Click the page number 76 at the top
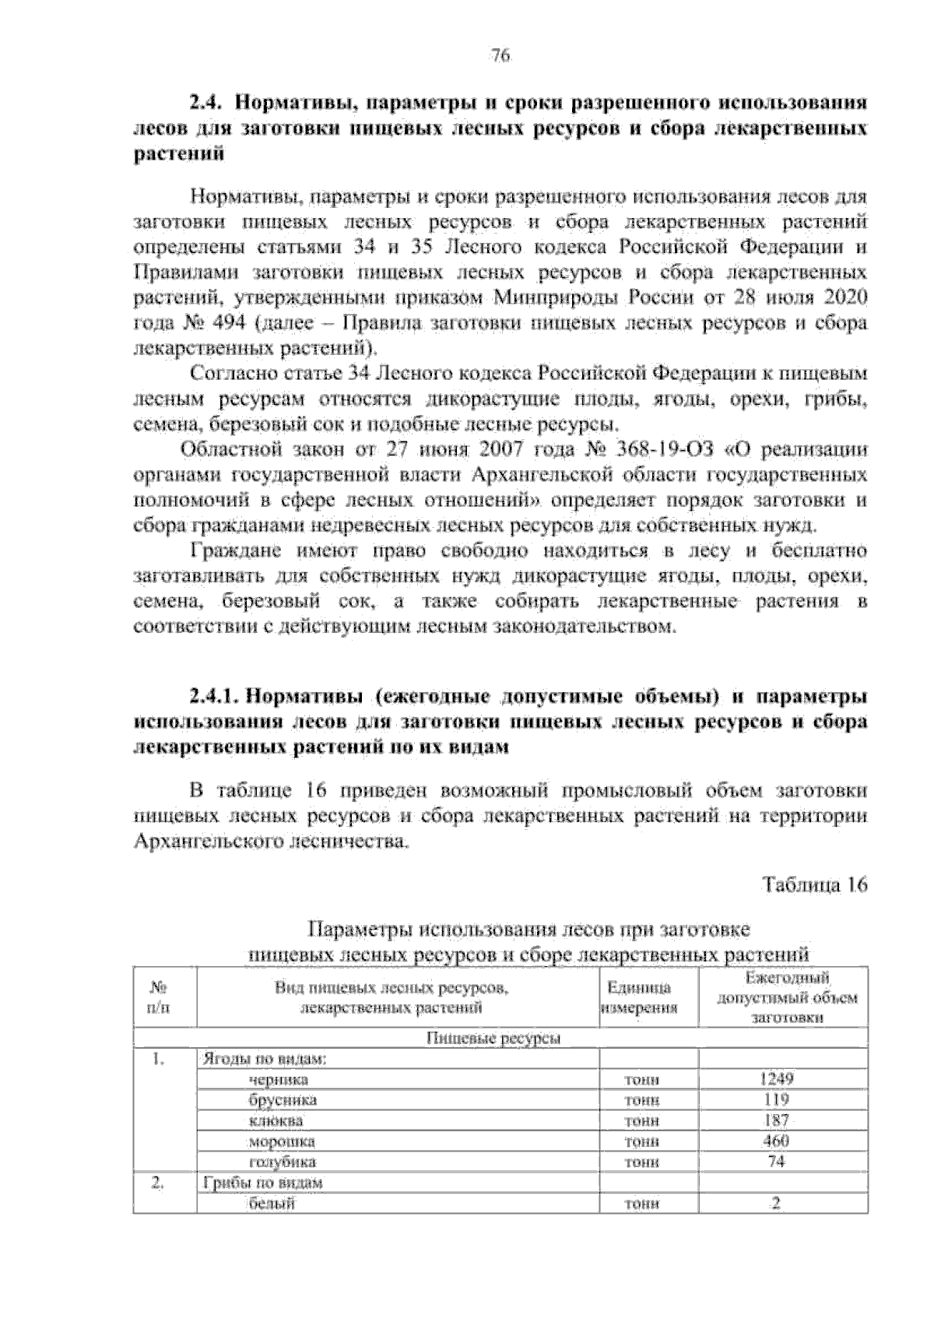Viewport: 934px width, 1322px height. pos(500,55)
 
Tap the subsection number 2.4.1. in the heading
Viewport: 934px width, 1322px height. pos(218,694)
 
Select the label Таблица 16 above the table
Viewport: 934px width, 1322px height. pos(815,884)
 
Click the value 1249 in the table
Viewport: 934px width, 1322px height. pos(776,1079)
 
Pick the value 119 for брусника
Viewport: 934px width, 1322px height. pos(776,1100)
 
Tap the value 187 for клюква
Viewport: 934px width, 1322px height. pos(776,1120)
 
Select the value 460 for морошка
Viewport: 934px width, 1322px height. pos(776,1141)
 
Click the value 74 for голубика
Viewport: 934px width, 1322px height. pos(776,1162)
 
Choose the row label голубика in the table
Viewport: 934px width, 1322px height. pos(282,1162)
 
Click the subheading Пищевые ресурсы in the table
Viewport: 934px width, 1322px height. pos(494,1039)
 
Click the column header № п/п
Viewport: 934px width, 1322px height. pos(164,997)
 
